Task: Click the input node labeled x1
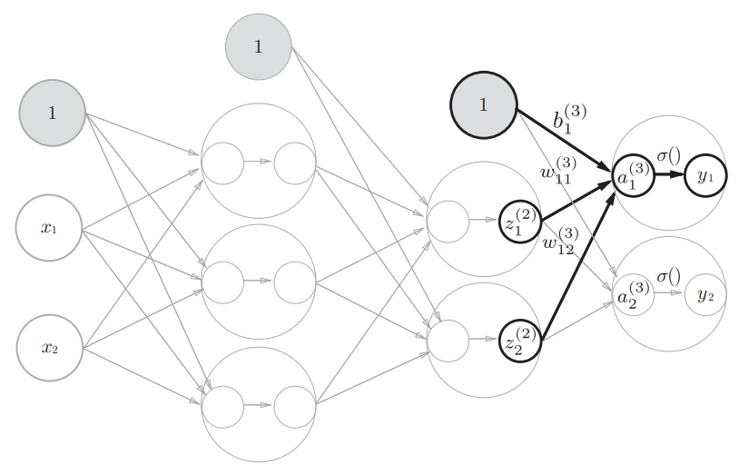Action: point(49,228)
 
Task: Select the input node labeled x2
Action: point(50,348)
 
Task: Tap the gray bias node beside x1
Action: point(53,113)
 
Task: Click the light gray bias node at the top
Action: point(258,46)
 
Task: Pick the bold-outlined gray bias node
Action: point(484,105)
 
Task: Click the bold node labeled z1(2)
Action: point(521,222)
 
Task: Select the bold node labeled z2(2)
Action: point(521,341)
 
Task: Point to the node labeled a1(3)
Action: point(634,175)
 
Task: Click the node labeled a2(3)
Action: point(634,295)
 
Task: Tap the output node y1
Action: point(705,175)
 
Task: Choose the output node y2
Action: point(705,295)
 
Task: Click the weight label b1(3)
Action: point(570,120)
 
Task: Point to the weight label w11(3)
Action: point(558,170)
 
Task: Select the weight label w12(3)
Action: point(561,241)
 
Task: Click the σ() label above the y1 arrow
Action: point(669,154)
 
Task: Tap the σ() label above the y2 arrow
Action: point(669,276)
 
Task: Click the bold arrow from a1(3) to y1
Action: point(669,174)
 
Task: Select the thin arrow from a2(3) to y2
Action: point(668,292)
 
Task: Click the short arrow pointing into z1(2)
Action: point(484,219)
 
